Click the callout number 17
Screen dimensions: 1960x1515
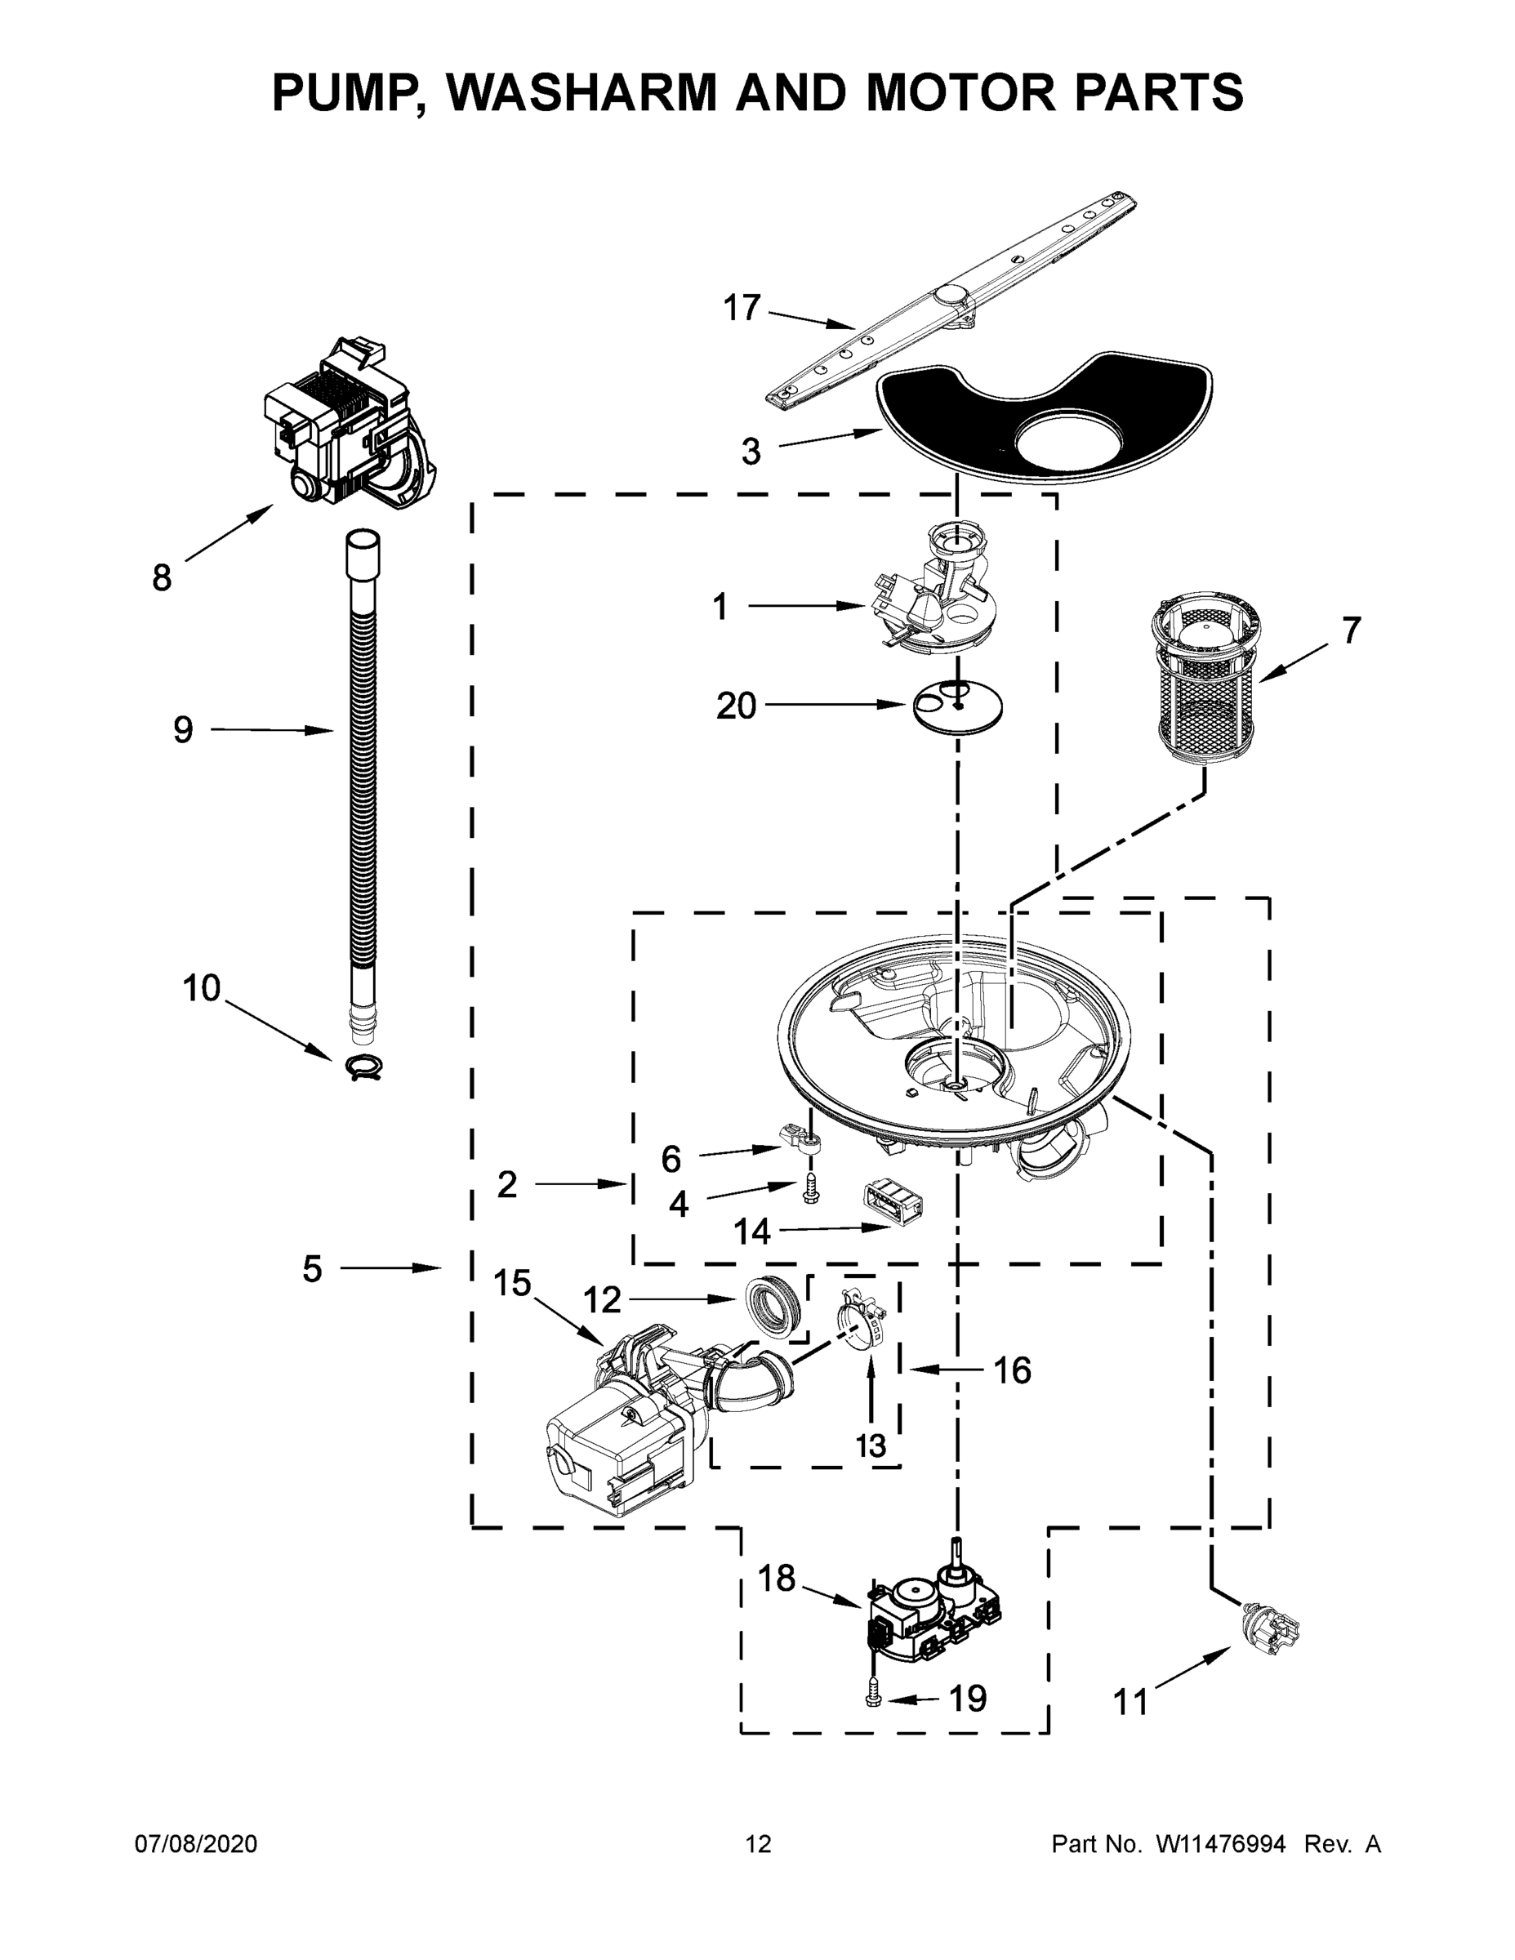click(x=742, y=308)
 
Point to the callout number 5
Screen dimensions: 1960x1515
click(x=311, y=1269)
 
